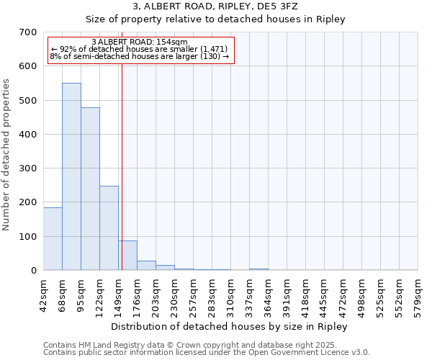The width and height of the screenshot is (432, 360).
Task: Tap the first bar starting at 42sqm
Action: click(x=53, y=238)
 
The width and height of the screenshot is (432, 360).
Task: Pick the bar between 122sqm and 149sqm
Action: click(x=109, y=228)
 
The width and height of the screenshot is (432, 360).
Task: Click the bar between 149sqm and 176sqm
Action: click(x=127, y=255)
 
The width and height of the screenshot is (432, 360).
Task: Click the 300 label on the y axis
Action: click(x=28, y=168)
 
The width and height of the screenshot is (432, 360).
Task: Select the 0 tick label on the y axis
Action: click(x=34, y=271)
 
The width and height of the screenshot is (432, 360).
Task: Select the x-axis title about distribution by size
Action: click(x=230, y=326)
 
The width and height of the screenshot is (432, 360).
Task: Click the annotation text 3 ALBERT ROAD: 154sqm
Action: click(x=140, y=42)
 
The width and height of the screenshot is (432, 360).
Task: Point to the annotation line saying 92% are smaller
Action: click(x=140, y=49)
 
